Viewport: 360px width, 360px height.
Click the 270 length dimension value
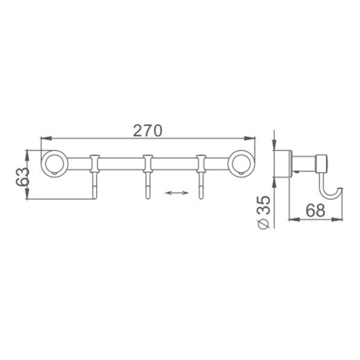click(x=148, y=131)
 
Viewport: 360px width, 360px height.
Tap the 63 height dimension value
click(x=23, y=177)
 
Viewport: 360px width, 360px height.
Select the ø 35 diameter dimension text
click(x=264, y=212)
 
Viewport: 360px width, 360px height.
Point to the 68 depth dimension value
click(x=316, y=210)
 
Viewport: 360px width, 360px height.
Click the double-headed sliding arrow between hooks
click(x=177, y=193)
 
